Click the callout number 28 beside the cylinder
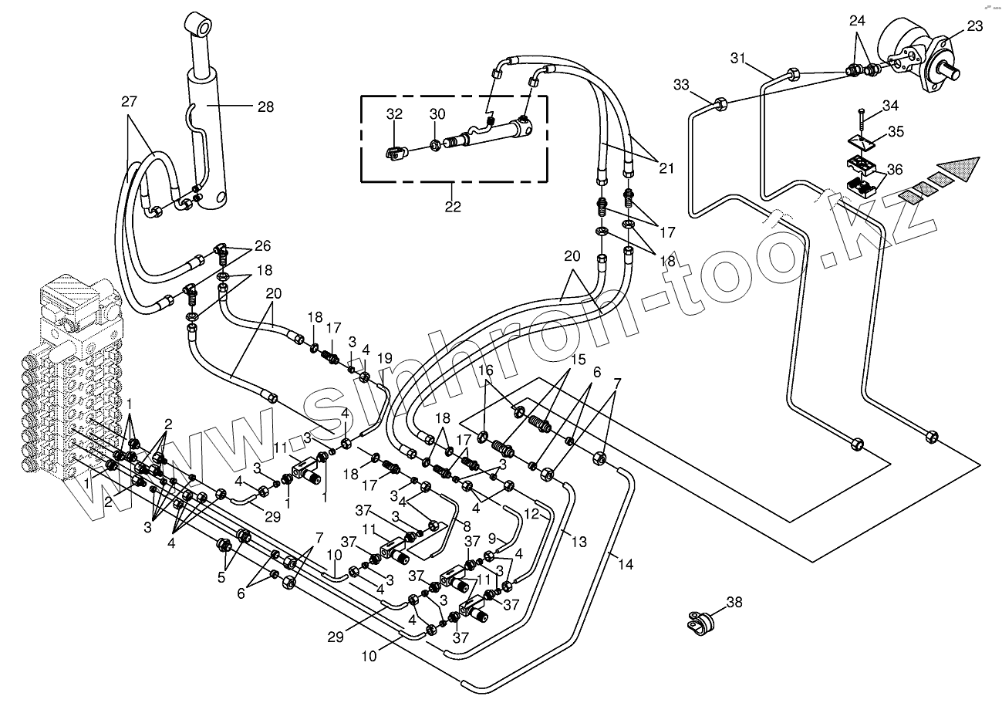tap(265, 107)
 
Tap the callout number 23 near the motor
tap(974, 26)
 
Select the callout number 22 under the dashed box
tap(453, 206)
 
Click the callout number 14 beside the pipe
tap(626, 565)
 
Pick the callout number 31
tap(737, 59)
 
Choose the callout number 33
tap(681, 84)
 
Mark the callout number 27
tap(129, 101)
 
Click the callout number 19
tap(384, 358)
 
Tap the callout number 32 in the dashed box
tap(394, 114)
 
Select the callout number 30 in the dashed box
tap(437, 114)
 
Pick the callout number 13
tap(579, 542)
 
